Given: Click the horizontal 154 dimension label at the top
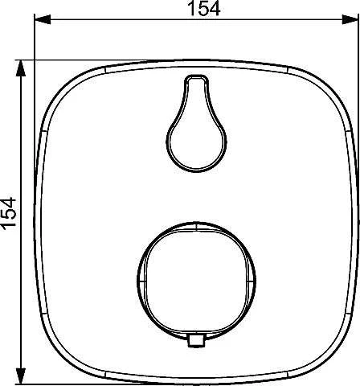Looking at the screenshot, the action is click(204, 8).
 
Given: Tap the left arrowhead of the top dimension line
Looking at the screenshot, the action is click(43, 19).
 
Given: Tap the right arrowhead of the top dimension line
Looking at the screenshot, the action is click(350, 19).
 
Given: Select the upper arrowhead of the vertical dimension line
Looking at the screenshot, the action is click(21, 68).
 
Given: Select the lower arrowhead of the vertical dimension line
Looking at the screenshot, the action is click(21, 376).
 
